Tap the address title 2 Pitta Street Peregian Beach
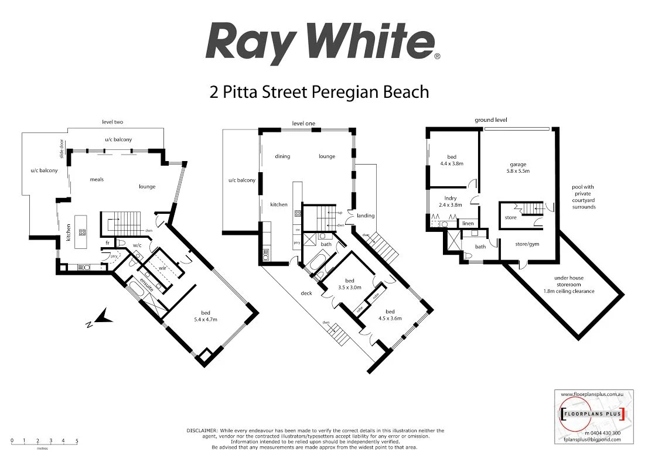tap(319, 92)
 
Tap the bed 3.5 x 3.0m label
tap(349, 285)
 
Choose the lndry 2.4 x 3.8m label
tap(450, 201)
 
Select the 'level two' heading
tap(111, 122)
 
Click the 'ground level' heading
tap(490, 119)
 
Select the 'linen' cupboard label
tap(468, 223)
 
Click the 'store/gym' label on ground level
tap(527, 244)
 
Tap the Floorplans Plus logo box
tap(594, 415)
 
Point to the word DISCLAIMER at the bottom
tap(202, 430)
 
